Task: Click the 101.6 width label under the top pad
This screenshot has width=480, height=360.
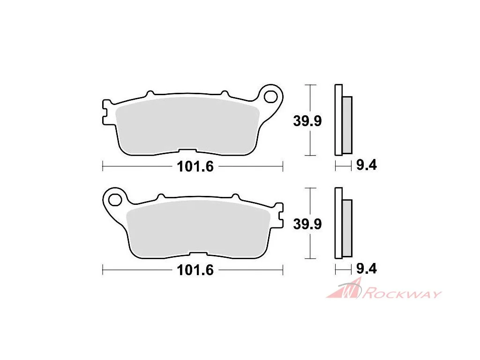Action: pyautogui.click(x=195, y=166)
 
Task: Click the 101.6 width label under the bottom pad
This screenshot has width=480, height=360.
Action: pyautogui.click(x=195, y=270)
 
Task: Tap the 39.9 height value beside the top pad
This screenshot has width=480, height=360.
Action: pyautogui.click(x=307, y=121)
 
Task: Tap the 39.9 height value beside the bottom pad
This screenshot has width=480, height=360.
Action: pyautogui.click(x=307, y=224)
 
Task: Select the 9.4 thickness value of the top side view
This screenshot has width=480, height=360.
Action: pyautogui.click(x=367, y=165)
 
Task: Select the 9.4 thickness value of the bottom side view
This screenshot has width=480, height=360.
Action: pyautogui.click(x=367, y=269)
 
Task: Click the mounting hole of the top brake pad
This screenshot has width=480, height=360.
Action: pyautogui.click(x=270, y=97)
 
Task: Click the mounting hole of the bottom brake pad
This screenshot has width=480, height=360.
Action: pyautogui.click(x=115, y=200)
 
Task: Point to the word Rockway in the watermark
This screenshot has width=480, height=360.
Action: pyautogui.click(x=402, y=293)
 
